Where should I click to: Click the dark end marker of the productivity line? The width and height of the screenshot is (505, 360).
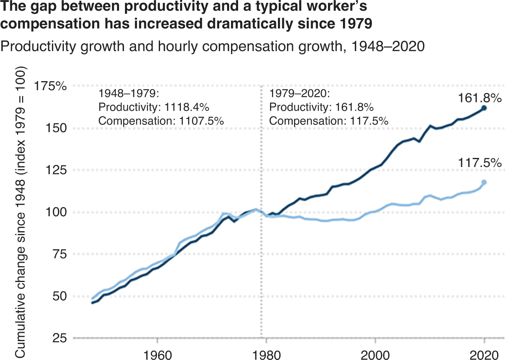484,108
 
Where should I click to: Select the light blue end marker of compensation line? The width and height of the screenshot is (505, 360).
484,182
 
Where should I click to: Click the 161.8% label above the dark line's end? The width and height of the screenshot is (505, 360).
479,97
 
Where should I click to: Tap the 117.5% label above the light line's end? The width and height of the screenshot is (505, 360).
479,162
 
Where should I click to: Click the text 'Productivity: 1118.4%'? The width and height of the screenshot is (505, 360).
153,108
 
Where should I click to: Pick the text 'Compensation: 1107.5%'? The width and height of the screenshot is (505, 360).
161,121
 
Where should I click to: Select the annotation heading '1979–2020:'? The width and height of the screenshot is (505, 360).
299,95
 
